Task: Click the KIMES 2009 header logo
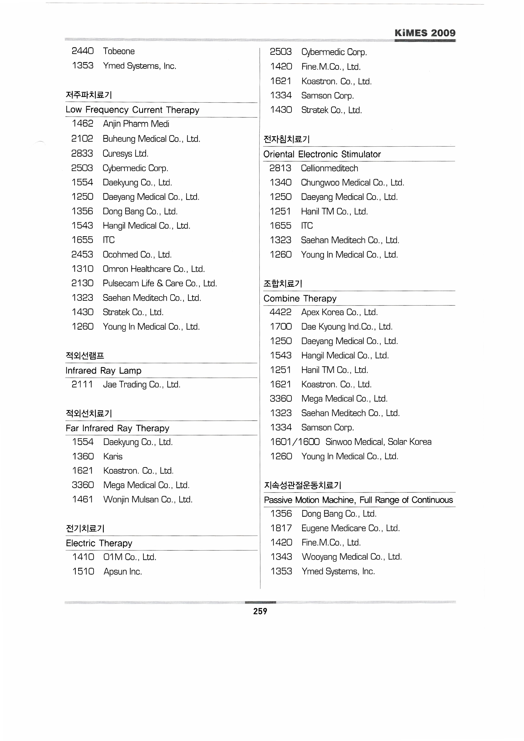tap(425, 33)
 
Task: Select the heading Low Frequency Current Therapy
tap(132, 110)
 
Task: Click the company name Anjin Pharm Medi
tap(136, 124)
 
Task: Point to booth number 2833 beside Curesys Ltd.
tap(82, 154)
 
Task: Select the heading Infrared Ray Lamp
tap(103, 371)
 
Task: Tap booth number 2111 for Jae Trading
tap(82, 384)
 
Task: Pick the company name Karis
tap(113, 457)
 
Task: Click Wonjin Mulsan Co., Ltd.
tap(148, 499)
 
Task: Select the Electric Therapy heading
tap(99, 543)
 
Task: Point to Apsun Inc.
tap(123, 572)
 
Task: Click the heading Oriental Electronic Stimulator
tap(322, 154)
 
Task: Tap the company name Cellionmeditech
tap(329, 168)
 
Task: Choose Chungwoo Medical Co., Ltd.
tap(352, 183)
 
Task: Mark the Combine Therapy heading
tap(300, 299)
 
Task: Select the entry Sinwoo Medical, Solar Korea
tap(378, 442)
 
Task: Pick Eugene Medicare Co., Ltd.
tap(350, 528)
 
